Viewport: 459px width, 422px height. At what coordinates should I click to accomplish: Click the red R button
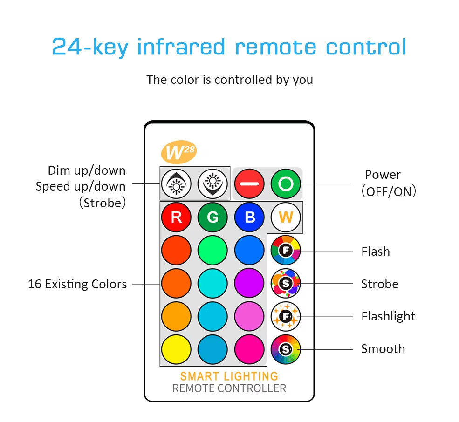176,217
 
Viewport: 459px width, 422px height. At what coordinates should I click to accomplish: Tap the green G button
212,217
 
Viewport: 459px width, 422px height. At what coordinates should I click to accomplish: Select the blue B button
249,217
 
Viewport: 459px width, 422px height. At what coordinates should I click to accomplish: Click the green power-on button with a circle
286,184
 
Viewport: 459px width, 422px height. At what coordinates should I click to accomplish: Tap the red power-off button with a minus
249,184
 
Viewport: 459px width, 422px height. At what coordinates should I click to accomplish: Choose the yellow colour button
176,349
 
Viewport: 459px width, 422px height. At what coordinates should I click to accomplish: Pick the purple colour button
249,283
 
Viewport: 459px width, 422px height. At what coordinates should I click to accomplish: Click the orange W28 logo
179,152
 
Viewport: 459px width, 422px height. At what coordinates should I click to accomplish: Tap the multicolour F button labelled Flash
286,250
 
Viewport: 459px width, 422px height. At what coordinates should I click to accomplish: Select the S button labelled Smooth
286,349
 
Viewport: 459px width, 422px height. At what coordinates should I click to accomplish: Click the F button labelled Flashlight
286,316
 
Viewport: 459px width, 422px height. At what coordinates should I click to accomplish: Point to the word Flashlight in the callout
388,316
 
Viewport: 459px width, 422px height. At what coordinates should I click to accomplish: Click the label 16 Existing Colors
77,284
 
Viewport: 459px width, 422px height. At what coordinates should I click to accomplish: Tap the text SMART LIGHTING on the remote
229,376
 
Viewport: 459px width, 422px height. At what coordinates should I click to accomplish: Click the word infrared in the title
181,47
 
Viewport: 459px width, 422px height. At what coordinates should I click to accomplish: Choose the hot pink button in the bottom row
249,349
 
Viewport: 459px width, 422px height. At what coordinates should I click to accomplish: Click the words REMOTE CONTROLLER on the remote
229,388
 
